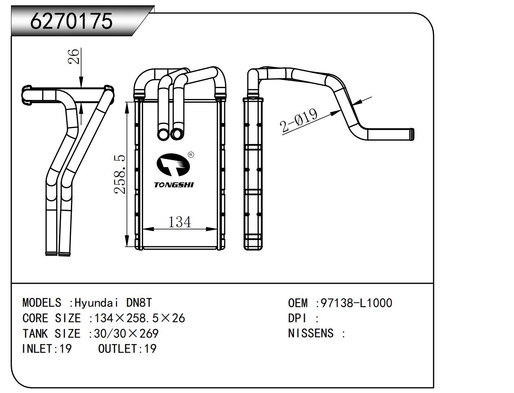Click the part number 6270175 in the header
71,21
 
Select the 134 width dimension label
179,222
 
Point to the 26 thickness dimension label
74,57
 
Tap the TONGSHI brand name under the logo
174,185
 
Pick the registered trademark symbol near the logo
191,155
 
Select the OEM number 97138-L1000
356,303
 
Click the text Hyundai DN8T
113,303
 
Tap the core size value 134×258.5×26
139,318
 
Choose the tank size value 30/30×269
126,333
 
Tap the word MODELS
42,303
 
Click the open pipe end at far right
412,134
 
